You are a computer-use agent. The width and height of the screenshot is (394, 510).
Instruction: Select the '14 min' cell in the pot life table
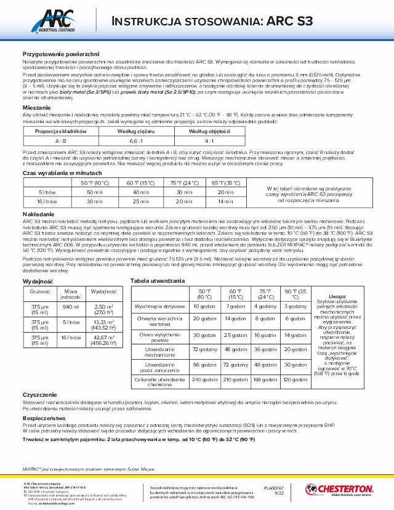point(227,201)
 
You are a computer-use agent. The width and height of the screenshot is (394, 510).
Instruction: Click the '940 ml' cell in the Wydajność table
point(71,307)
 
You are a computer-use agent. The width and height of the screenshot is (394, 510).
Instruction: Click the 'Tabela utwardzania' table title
point(158,280)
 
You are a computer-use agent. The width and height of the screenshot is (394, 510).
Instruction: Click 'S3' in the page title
point(298,20)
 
